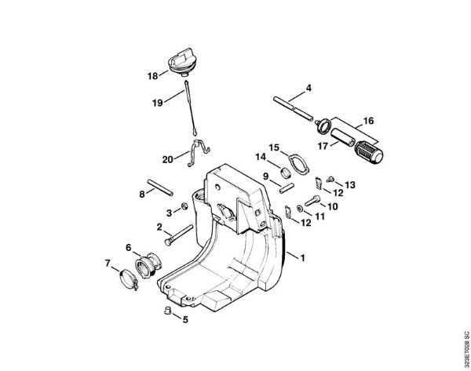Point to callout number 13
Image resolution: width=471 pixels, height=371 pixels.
(x=350, y=185)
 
